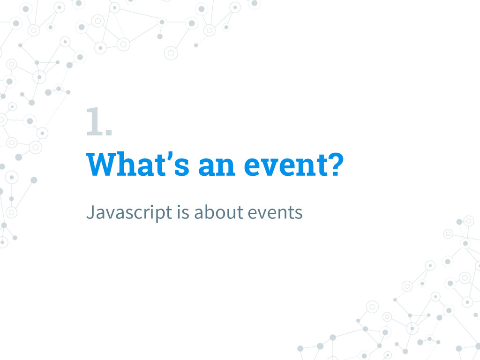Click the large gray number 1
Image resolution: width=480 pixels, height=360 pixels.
(x=95, y=121)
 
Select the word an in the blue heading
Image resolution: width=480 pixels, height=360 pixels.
(x=217, y=166)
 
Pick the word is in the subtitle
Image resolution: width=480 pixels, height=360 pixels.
(x=183, y=212)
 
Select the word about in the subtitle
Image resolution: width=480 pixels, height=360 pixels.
(x=219, y=212)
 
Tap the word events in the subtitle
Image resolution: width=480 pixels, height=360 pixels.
(x=275, y=212)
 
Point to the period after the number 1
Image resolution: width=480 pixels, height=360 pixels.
(x=109, y=132)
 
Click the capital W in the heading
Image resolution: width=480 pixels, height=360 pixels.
(x=103, y=165)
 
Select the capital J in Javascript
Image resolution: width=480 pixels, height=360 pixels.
(x=90, y=212)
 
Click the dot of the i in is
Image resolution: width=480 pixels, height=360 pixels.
(x=179, y=205)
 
